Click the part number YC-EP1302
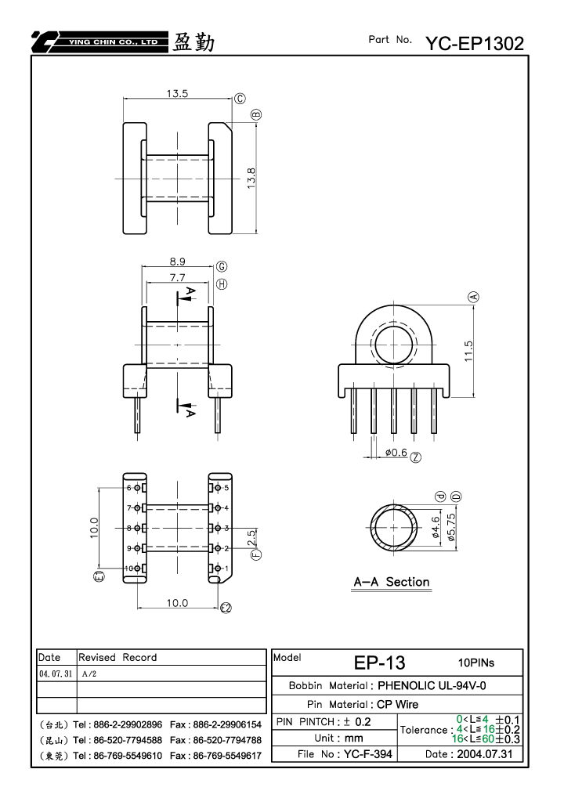pos(475,43)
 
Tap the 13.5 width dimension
pos(177,94)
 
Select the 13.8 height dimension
pos(251,179)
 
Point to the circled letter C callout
pos(240,99)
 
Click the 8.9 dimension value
pos(178,262)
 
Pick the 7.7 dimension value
pos(178,277)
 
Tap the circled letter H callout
pos(222,284)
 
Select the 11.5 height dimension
pos(468,351)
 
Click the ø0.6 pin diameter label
pos(396,453)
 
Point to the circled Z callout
pos(416,457)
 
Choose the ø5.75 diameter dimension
pos(451,527)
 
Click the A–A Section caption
pos(392,582)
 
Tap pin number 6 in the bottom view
pos(128,488)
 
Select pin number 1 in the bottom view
pos(226,569)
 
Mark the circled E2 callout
pos(226,607)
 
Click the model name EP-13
pos(380,663)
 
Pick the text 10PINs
pos(476,663)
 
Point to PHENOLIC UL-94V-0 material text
pos(432,685)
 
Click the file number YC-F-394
pos(368,754)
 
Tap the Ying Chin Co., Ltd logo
pos(99,42)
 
